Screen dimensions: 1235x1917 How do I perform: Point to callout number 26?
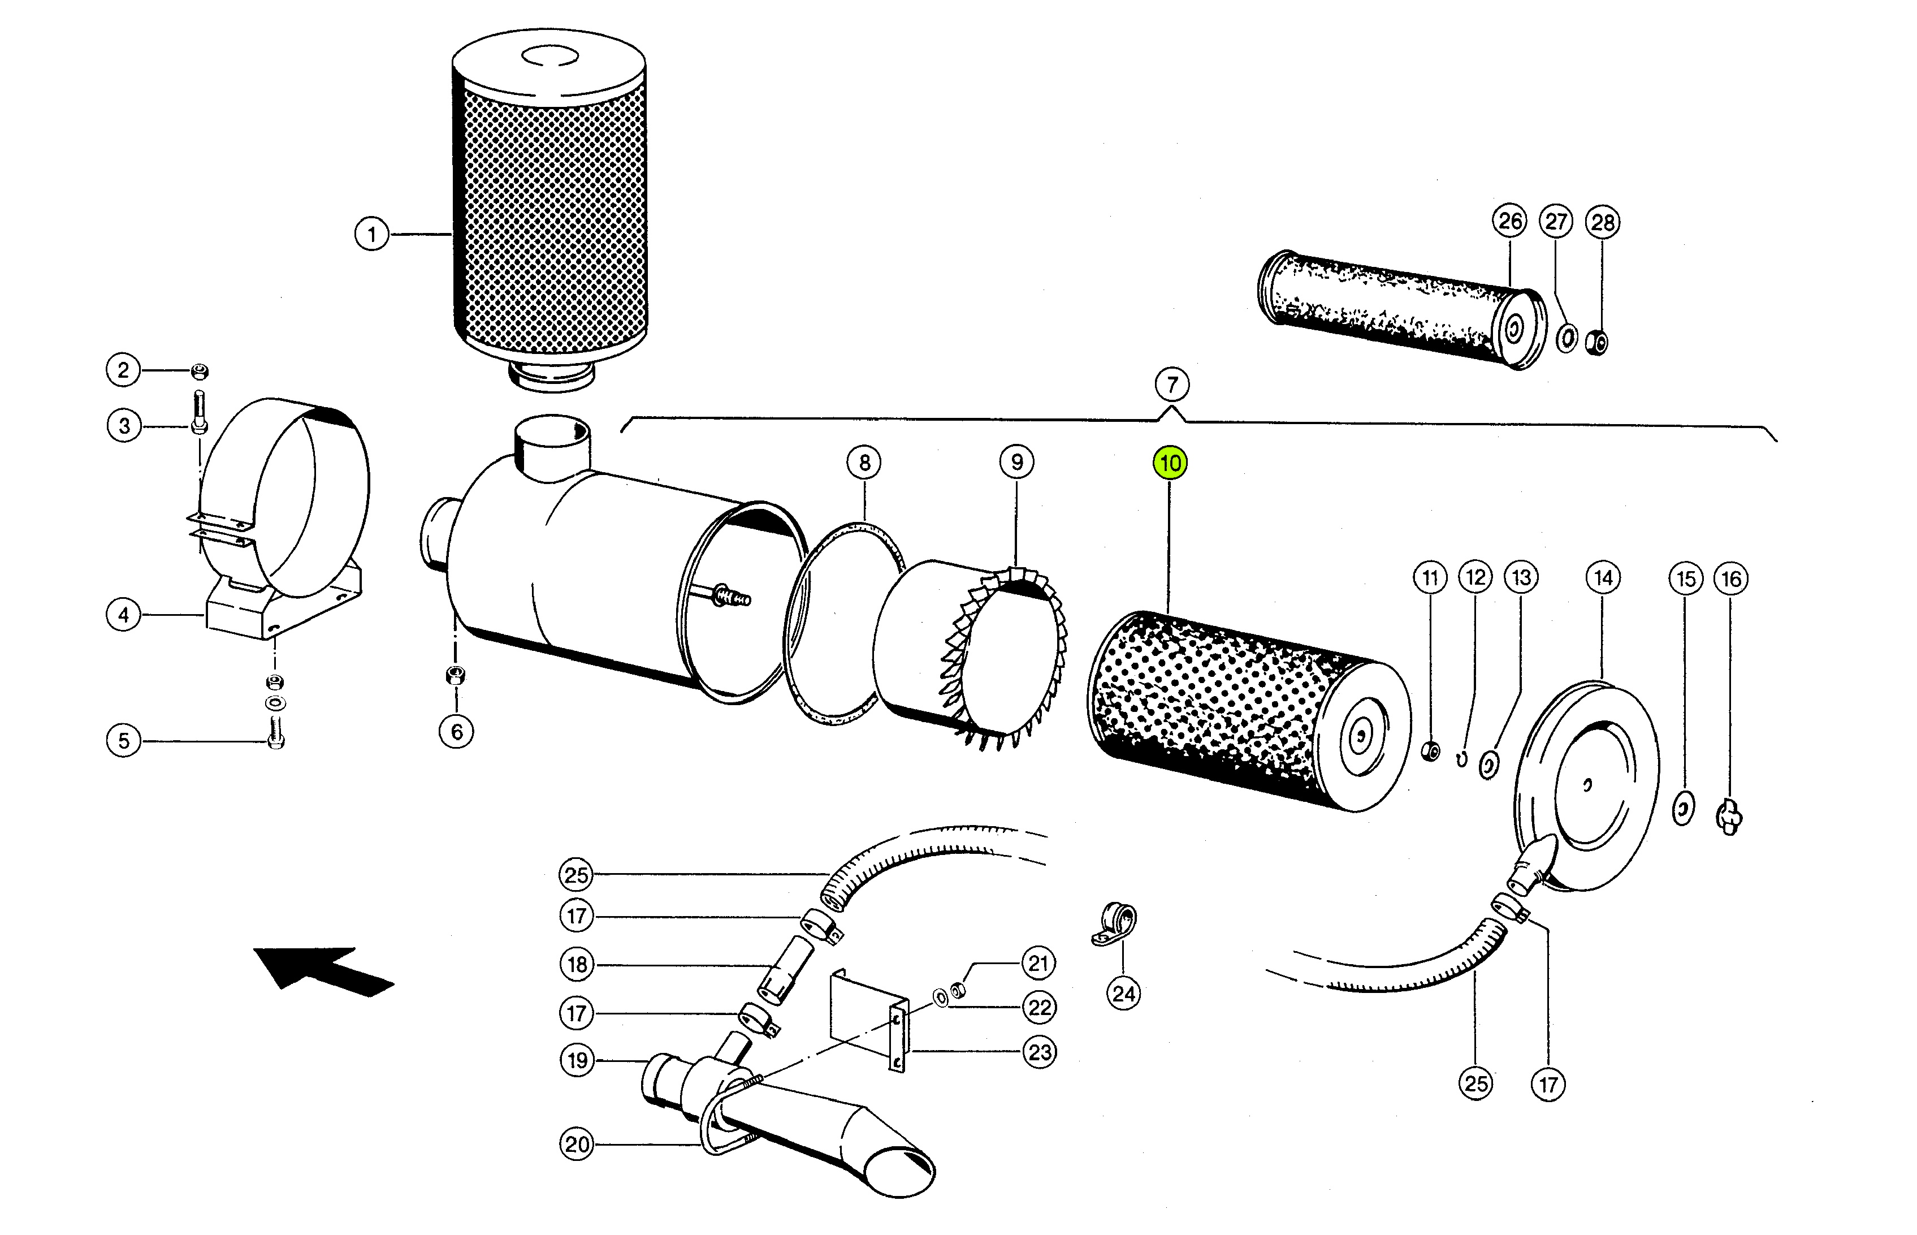pyautogui.click(x=1510, y=221)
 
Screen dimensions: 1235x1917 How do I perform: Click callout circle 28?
pyautogui.click(x=1602, y=222)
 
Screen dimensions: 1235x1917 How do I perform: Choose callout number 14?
pyautogui.click(x=1603, y=577)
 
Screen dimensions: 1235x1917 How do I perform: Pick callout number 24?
pyautogui.click(x=1123, y=995)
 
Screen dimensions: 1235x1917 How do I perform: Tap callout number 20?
pyautogui.click(x=577, y=1145)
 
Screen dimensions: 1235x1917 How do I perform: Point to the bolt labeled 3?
pyautogui.click(x=200, y=411)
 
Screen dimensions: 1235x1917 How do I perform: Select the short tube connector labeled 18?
pyautogui.click(x=786, y=970)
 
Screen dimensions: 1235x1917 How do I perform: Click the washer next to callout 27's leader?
pyautogui.click(x=1567, y=338)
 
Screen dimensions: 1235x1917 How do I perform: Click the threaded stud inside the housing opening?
pyautogui.click(x=730, y=596)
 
